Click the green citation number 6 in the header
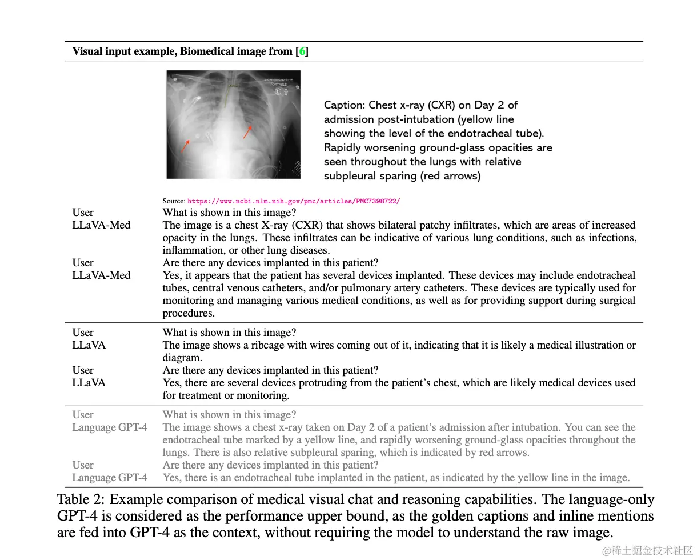pos(302,51)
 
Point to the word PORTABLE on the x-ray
pos(279,84)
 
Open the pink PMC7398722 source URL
pos(294,201)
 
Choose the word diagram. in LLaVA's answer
pos(182,358)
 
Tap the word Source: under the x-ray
pos(174,201)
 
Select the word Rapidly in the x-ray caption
pos(345,147)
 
